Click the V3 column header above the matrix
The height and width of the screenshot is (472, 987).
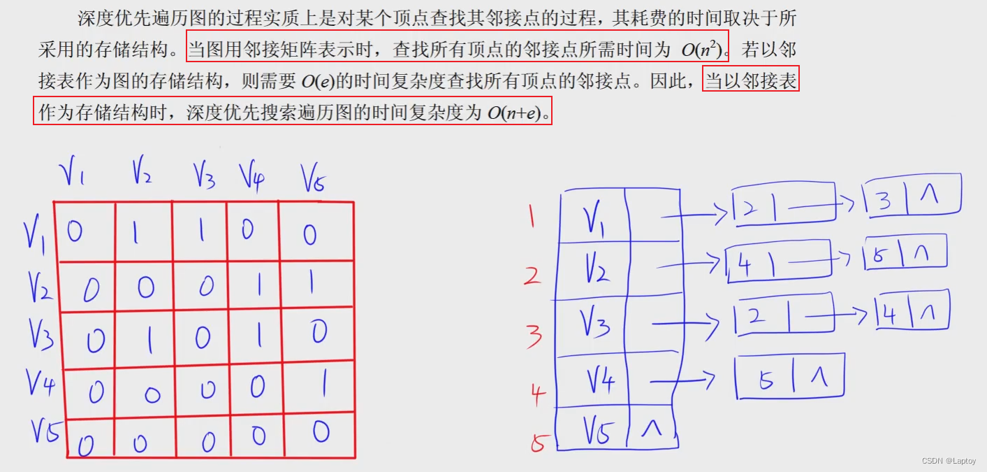point(203,176)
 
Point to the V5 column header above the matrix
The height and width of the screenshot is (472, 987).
point(314,178)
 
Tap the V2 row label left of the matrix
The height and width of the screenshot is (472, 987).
point(41,285)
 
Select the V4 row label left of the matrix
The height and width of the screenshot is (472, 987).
point(40,382)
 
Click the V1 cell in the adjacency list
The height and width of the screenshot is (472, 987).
point(594,219)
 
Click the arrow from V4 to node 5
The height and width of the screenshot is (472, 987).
point(682,381)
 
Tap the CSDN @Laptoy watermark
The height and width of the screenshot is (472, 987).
point(949,461)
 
